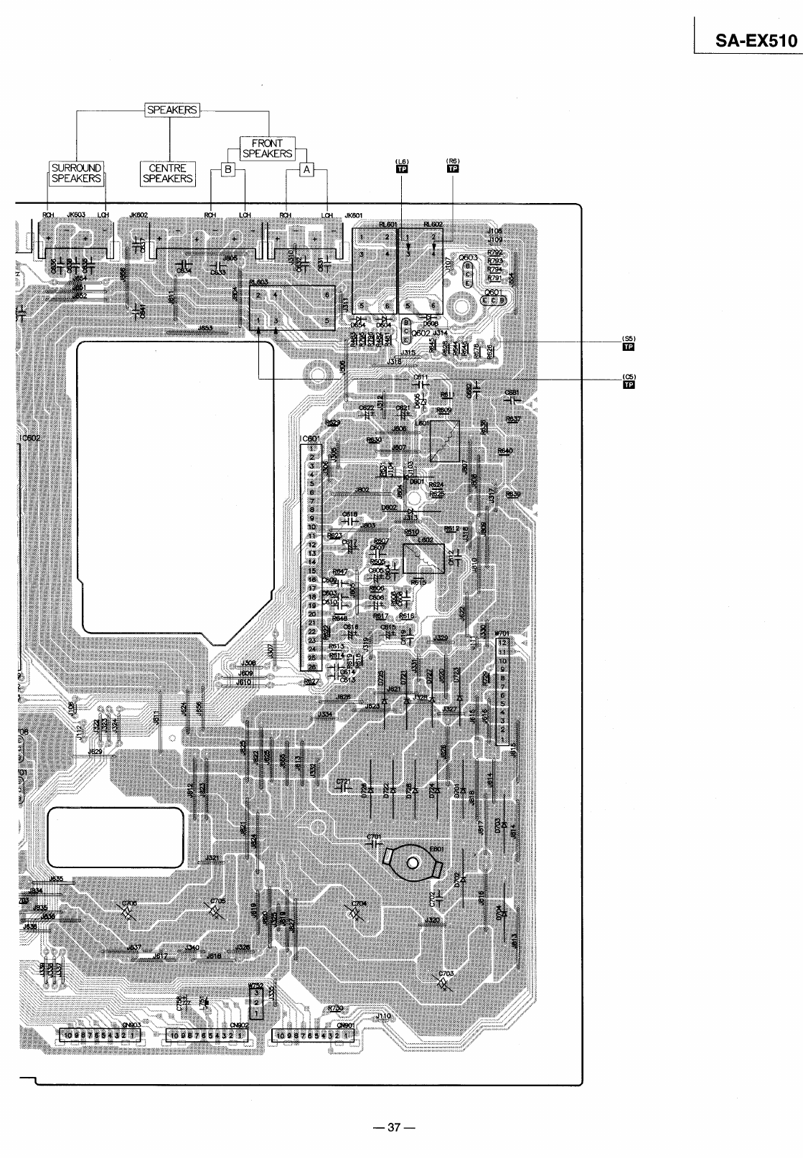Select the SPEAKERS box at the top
[172, 110]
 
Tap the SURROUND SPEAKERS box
[76, 173]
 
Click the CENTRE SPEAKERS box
[168, 173]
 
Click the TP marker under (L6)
[401, 169]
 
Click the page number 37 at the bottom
[392, 1126]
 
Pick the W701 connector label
[502, 634]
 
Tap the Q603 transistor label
[469, 256]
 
